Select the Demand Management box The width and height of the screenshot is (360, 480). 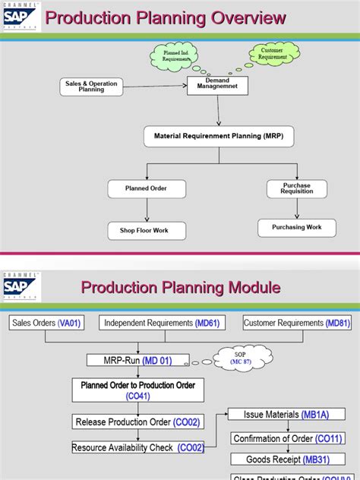[217, 84]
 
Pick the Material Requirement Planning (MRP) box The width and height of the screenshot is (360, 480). [219, 137]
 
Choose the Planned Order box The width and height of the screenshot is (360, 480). [147, 188]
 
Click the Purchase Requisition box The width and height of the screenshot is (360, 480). [297, 189]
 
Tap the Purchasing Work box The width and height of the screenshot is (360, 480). [297, 227]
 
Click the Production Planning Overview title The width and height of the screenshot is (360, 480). [166, 18]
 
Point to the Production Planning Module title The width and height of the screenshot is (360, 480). [181, 287]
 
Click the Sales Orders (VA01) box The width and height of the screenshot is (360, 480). [46, 323]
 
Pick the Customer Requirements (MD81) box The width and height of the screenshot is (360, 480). [298, 323]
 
